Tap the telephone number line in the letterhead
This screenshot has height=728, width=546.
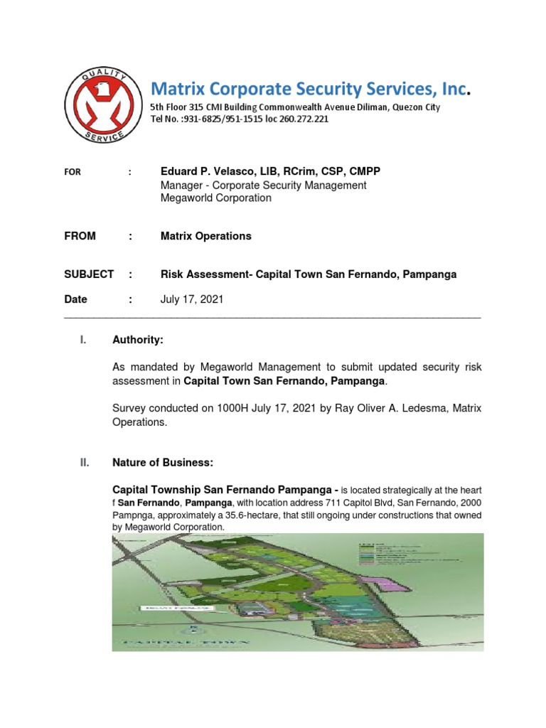(239, 119)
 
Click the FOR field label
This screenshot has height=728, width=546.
(73, 172)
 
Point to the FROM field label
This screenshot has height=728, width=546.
(80, 236)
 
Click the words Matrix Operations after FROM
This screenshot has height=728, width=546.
(205, 236)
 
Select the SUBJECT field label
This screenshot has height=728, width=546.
(89, 274)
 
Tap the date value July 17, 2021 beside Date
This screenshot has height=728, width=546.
(191, 299)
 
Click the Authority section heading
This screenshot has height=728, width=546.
(138, 341)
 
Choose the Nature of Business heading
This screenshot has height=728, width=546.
(162, 463)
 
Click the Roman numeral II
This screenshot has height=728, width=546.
(85, 463)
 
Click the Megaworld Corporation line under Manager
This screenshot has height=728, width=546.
(215, 198)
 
